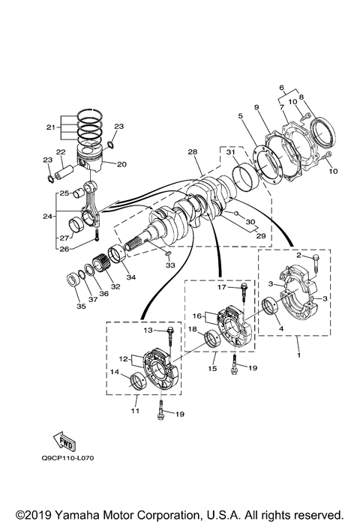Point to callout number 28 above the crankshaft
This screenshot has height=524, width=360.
click(x=193, y=152)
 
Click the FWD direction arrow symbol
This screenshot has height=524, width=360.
click(x=69, y=439)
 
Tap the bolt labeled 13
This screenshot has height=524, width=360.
click(x=171, y=331)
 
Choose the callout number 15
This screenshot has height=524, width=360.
click(x=213, y=370)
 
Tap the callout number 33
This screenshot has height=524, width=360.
click(x=170, y=265)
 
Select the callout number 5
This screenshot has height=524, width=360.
click(x=240, y=116)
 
